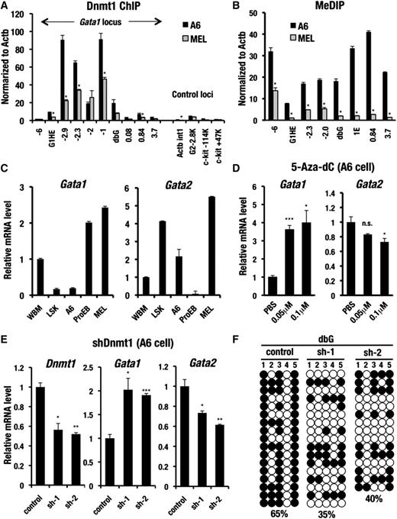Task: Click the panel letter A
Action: (x=7, y=7)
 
